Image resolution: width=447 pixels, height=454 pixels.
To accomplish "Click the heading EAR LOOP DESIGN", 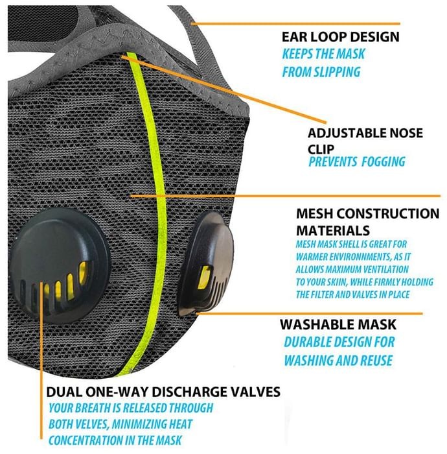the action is click(341, 37).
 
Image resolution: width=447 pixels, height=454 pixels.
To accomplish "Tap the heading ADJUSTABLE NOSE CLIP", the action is click(365, 141).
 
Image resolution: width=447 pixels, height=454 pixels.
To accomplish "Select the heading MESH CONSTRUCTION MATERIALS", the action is click(368, 222).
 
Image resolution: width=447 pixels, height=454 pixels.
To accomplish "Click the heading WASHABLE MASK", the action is click(338, 324).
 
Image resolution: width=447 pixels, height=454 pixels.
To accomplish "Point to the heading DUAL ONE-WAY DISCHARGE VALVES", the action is click(163, 392).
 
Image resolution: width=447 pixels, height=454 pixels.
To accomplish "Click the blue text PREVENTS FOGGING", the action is click(357, 161).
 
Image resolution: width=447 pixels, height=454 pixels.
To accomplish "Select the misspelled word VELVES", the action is click(89, 424).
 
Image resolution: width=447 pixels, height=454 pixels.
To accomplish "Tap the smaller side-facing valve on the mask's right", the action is click(206, 264).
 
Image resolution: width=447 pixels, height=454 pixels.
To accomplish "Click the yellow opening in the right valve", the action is click(204, 278).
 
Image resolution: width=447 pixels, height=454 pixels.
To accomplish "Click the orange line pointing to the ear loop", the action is click(295, 24).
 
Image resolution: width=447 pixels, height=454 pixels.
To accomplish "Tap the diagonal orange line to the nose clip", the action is click(223, 90).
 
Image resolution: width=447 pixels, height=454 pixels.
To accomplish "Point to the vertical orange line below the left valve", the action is click(41, 360).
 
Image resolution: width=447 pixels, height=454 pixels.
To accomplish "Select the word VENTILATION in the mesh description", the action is click(385, 270).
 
